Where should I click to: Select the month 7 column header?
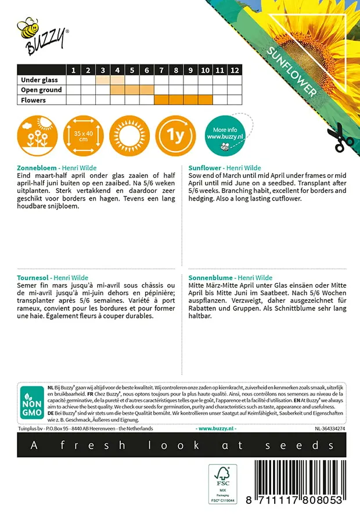click(x=161, y=70)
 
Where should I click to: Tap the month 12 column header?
click(x=234, y=70)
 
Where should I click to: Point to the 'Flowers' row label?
click(x=33, y=100)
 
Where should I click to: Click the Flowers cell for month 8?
click(x=176, y=100)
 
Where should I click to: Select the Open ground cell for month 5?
click(x=132, y=90)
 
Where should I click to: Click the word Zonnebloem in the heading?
click(x=37, y=167)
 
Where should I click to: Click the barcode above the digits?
click(x=296, y=477)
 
